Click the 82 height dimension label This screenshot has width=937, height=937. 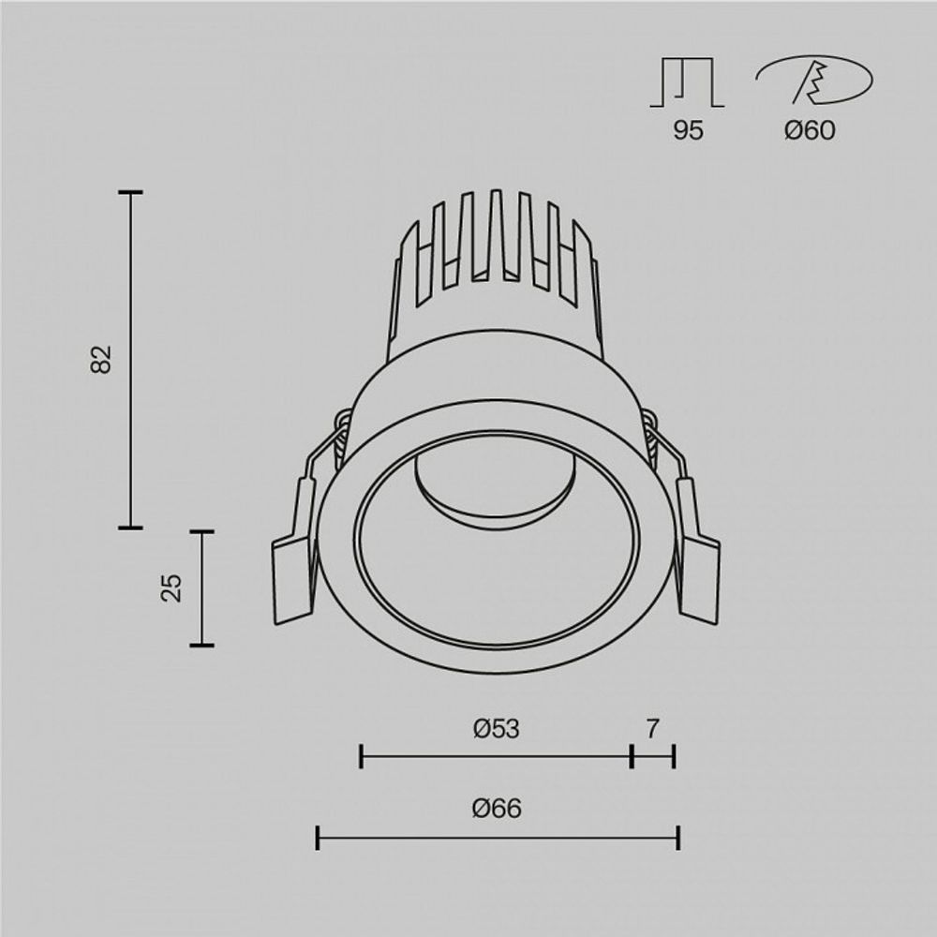pyautogui.click(x=101, y=359)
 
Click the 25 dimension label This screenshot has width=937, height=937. pyautogui.click(x=171, y=587)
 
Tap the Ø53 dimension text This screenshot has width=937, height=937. pyautogui.click(x=496, y=728)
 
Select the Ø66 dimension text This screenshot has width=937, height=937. pyautogui.click(x=497, y=809)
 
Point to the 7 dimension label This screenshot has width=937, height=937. pyautogui.click(x=653, y=728)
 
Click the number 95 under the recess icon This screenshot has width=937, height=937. pyautogui.click(x=687, y=131)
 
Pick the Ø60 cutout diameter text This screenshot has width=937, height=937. pyautogui.click(x=810, y=131)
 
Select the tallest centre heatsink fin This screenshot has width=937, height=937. pyautogui.click(x=497, y=234)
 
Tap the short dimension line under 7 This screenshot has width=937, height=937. pyautogui.click(x=653, y=755)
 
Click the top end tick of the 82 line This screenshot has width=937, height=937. pyautogui.click(x=130, y=192)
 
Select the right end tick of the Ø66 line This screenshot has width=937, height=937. pyautogui.click(x=677, y=838)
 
